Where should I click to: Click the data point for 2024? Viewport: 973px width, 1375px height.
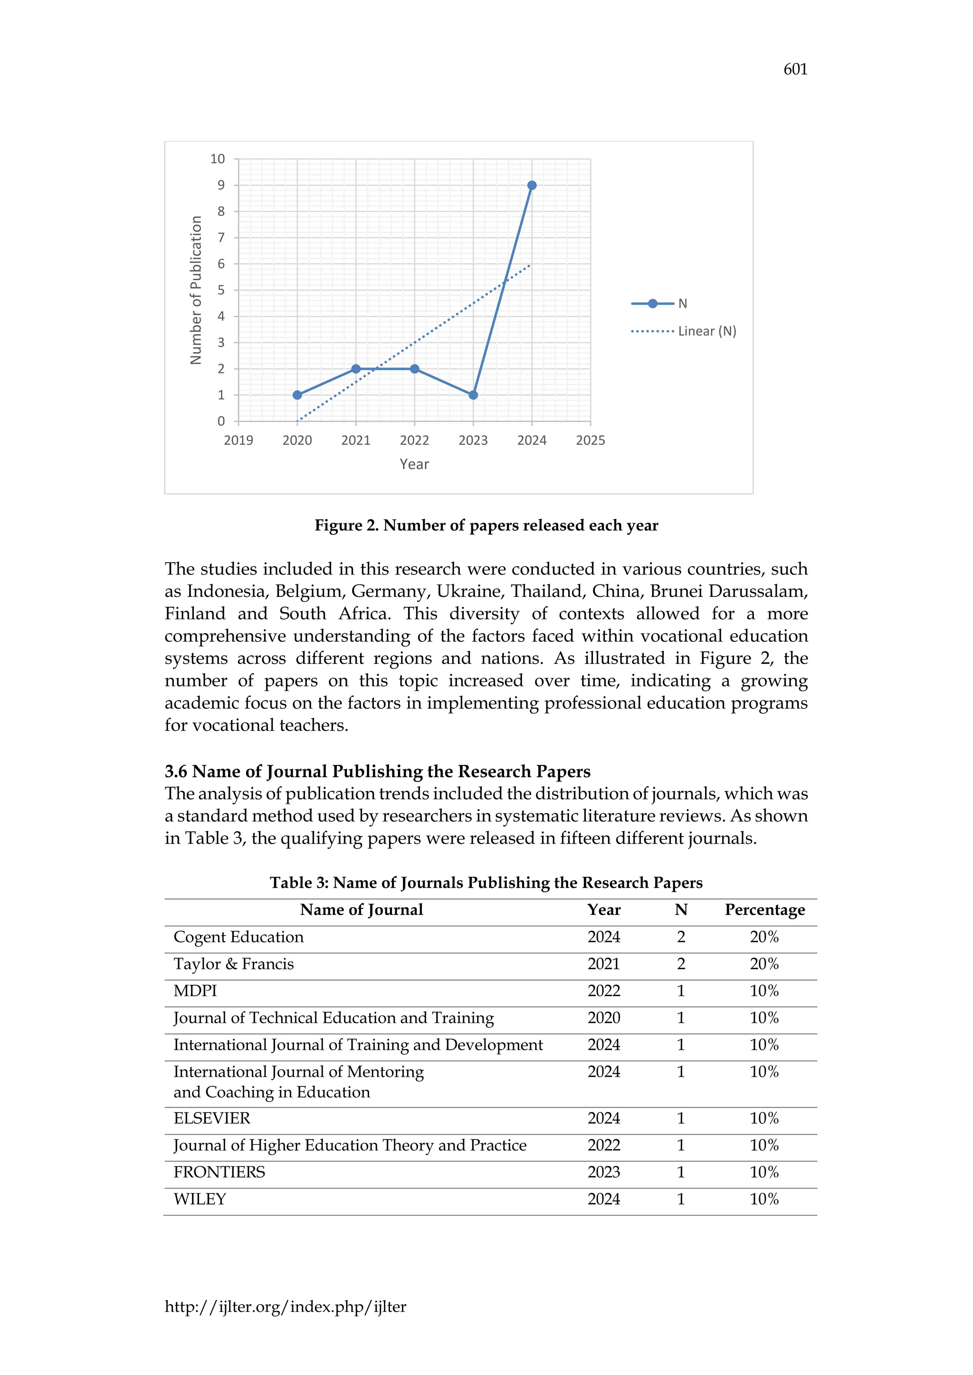[532, 186]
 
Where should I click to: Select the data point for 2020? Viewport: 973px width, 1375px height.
[297, 395]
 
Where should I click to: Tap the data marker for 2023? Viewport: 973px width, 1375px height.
[473, 395]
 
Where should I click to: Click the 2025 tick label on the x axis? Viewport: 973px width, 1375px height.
[590, 440]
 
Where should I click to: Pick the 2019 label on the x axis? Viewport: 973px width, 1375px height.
[238, 440]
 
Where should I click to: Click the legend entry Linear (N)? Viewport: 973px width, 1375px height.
[706, 331]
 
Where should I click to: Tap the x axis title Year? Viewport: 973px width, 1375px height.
[414, 464]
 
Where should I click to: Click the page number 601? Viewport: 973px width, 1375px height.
[795, 69]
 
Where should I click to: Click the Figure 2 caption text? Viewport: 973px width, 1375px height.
[486, 525]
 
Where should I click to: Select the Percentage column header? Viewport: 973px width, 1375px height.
[764, 910]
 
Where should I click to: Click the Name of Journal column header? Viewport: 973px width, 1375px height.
[361, 910]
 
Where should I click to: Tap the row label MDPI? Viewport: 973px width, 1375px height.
[195, 990]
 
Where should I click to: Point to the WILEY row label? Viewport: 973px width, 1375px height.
[200, 1199]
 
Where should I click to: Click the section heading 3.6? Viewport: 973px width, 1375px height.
[377, 772]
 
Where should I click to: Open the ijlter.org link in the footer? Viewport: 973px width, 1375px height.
[285, 1307]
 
